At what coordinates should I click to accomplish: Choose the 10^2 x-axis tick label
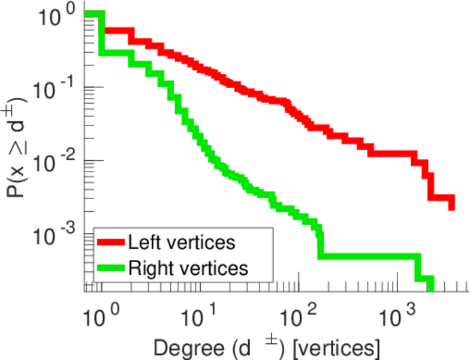297,313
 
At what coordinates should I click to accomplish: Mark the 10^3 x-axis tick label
398,313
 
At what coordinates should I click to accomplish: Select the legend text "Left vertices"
181,242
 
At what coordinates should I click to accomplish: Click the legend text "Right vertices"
187,268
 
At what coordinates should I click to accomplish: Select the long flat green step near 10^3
369,256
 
